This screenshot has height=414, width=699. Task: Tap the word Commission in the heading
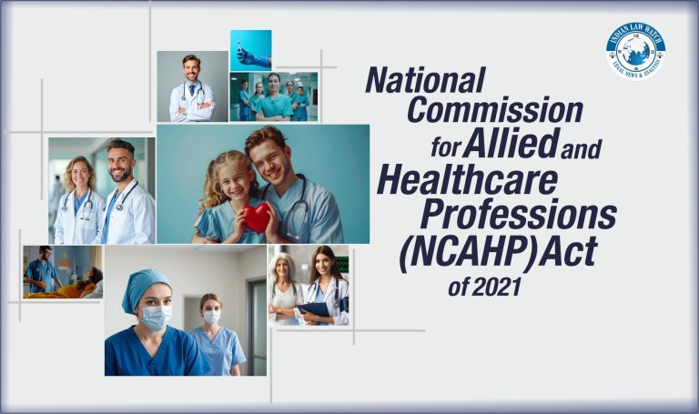[x=494, y=112]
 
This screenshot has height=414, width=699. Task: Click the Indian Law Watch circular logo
[x=635, y=49]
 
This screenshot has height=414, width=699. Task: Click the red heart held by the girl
[x=257, y=217]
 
